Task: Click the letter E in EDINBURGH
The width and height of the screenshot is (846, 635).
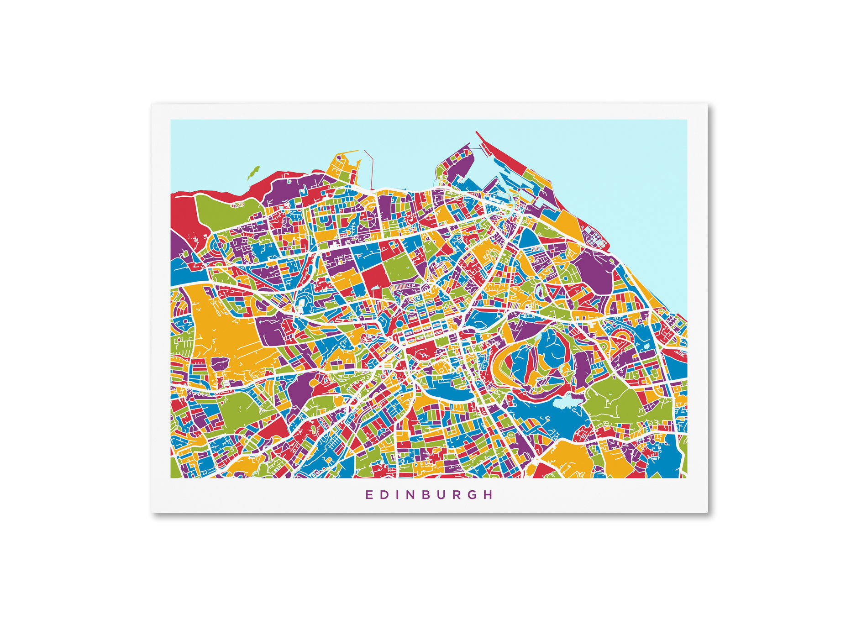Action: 368,495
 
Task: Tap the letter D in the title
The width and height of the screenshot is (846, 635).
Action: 384,495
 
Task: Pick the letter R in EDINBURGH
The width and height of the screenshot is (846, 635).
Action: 458,495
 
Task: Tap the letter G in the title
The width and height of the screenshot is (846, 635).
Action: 474,495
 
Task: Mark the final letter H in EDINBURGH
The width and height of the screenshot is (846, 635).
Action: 490,495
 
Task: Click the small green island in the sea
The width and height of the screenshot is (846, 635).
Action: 252,173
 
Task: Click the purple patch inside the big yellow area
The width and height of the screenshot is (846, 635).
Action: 220,363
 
